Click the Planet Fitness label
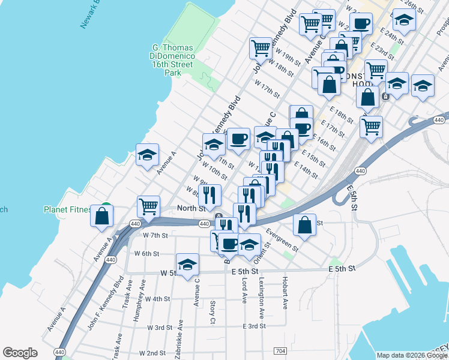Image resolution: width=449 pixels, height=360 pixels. [67, 210]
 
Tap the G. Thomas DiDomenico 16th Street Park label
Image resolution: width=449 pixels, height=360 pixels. [174, 60]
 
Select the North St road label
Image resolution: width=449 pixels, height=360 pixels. [191, 208]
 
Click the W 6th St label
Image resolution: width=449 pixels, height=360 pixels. [147, 254]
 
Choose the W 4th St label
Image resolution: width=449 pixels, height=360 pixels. [157, 298]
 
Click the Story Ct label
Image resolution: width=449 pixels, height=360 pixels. [212, 312]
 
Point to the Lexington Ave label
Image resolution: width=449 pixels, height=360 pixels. [261, 297]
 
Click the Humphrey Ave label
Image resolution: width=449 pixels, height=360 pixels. [138, 307]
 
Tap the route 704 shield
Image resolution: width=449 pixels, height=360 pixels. [280, 350]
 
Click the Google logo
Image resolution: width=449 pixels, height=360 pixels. [20, 353]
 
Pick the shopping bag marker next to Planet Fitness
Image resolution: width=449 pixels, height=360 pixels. [102, 215]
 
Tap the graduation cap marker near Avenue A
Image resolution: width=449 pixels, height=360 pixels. [148, 155]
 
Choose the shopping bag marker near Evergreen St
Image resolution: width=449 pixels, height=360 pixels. [305, 225]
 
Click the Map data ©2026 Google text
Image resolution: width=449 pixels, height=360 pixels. [411, 355]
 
